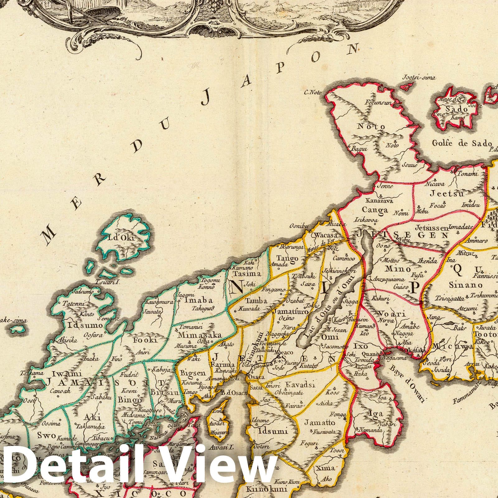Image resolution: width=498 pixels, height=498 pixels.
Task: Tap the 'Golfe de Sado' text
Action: (462, 143)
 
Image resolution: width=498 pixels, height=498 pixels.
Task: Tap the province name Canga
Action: (375, 210)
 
